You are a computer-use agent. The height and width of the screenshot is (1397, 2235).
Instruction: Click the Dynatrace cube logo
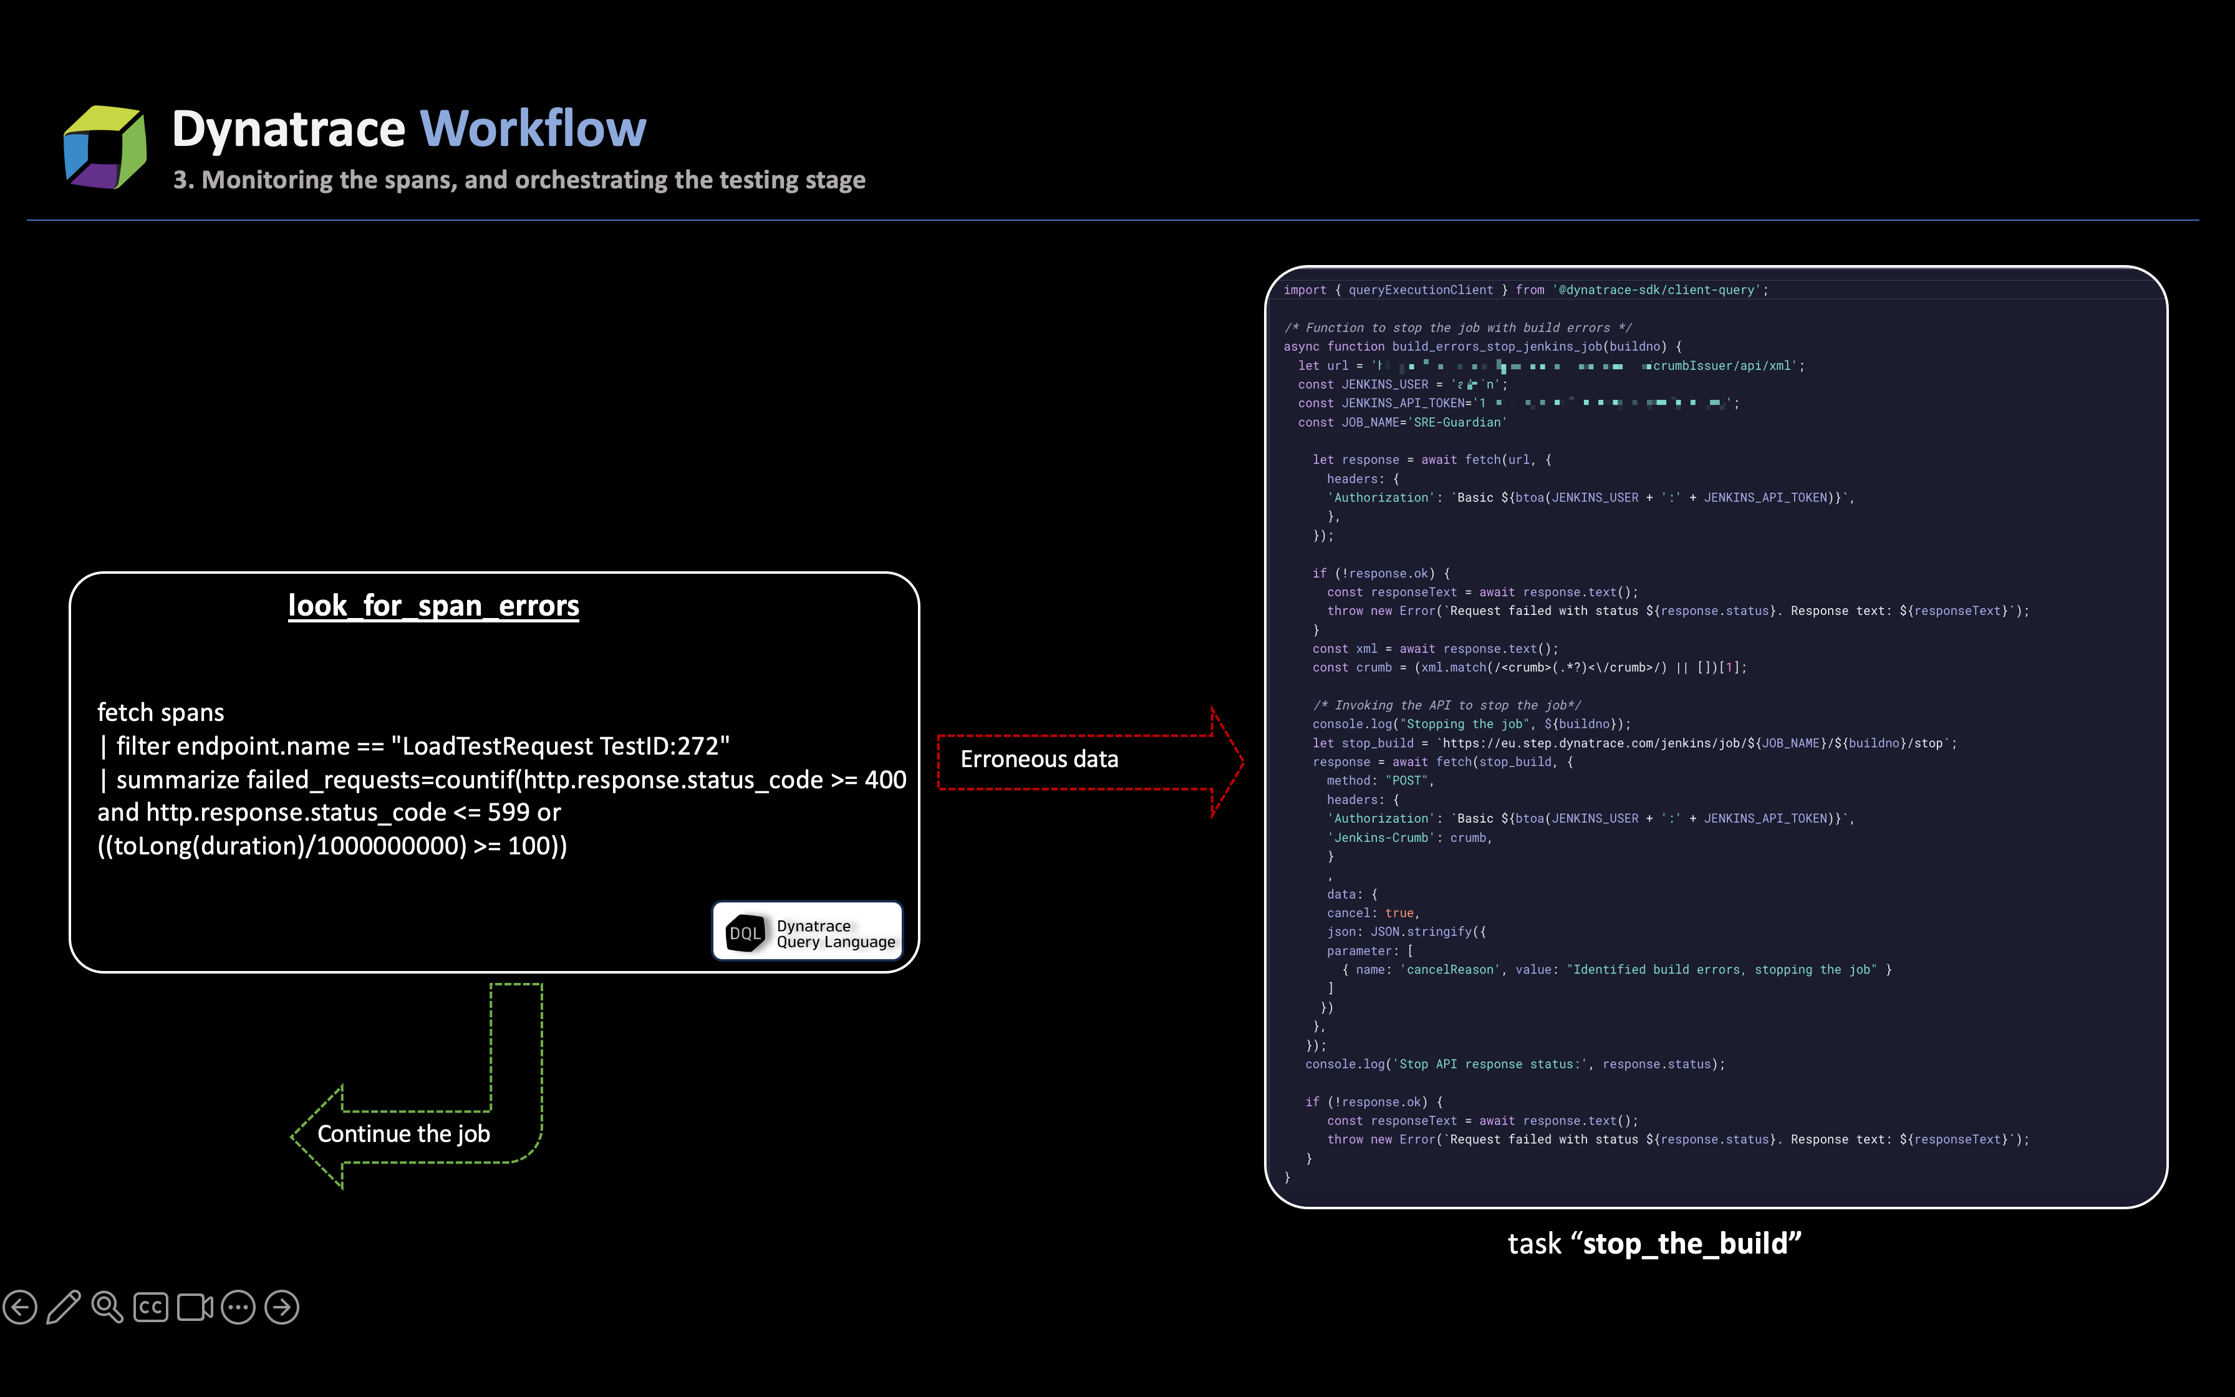104,147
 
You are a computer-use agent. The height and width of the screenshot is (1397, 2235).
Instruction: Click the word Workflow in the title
533,128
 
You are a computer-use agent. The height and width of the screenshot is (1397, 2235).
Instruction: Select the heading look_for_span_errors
433,606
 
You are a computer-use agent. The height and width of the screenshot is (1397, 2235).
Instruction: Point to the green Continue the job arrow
415,1134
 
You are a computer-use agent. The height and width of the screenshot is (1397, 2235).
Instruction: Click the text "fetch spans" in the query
161,712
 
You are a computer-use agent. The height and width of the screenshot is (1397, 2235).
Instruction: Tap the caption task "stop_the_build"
1654,1244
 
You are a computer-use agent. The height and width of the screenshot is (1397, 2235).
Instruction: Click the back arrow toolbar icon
21,1307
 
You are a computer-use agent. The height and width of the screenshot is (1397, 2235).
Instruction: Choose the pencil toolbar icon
64,1307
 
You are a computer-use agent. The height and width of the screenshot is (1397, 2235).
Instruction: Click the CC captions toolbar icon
150,1307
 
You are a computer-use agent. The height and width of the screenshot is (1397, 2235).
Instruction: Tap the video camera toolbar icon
195,1307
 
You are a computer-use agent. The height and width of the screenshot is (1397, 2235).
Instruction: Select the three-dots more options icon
238,1307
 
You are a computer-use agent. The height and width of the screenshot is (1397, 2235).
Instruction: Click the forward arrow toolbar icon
282,1307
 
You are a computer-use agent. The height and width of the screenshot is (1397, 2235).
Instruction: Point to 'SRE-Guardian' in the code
1458,422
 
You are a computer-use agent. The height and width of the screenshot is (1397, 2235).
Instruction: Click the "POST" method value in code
1407,781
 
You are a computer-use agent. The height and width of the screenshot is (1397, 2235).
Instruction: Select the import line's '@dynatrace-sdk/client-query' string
1658,290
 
